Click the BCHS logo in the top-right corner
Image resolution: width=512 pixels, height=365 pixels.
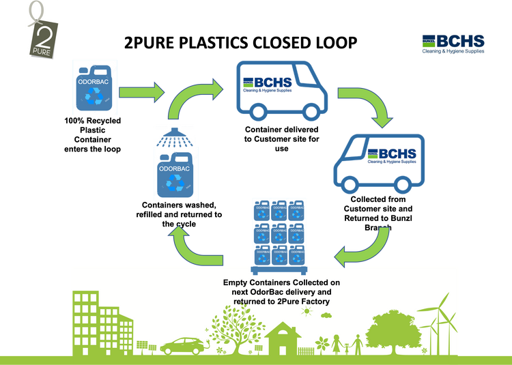tap(453, 43)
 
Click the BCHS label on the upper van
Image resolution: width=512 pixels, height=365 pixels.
tap(268, 85)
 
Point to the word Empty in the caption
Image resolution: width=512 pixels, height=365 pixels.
tap(237, 282)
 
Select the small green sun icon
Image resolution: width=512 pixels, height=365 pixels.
tap(308, 312)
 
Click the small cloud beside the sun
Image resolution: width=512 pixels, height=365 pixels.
tap(327, 315)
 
